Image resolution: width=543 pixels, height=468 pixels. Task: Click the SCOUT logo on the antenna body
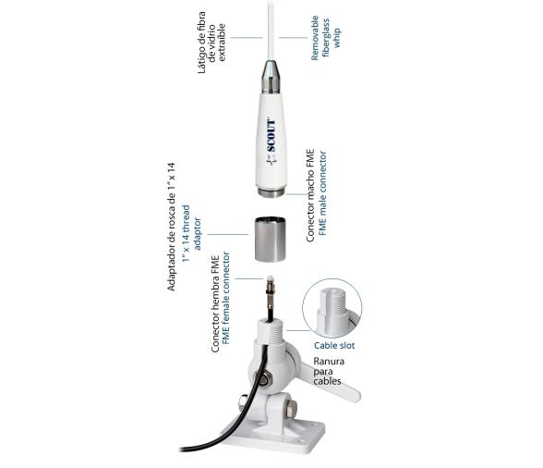coord(271,142)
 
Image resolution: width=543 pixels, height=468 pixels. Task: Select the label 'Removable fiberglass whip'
coord(320,40)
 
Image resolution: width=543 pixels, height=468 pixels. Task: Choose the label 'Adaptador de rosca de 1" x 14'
coord(171,227)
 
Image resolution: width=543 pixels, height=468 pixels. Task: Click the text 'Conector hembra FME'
coord(214,302)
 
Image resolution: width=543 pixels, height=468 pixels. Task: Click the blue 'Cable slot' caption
coord(332,345)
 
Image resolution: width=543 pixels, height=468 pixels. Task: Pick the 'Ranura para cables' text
coord(329,372)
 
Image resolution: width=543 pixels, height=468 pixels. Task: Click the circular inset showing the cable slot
coord(332,308)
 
